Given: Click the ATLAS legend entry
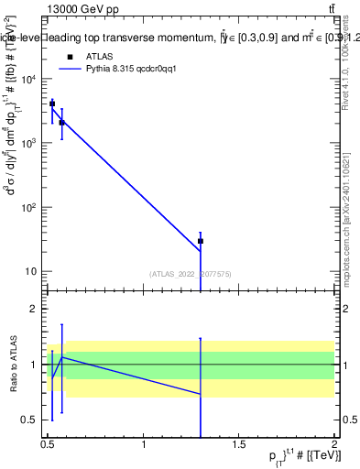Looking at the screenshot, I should click(101, 56).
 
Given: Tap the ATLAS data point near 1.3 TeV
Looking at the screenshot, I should click(201, 241).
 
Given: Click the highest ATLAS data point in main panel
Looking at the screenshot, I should click(52, 104).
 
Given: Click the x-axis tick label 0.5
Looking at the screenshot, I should click(48, 445).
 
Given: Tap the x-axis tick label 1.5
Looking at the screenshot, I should click(239, 445).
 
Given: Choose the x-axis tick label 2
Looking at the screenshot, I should click(334, 445).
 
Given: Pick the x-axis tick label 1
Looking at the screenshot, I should click(144, 445).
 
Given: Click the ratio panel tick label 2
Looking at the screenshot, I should click(35, 310).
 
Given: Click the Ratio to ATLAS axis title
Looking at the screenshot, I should click(12, 365).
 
